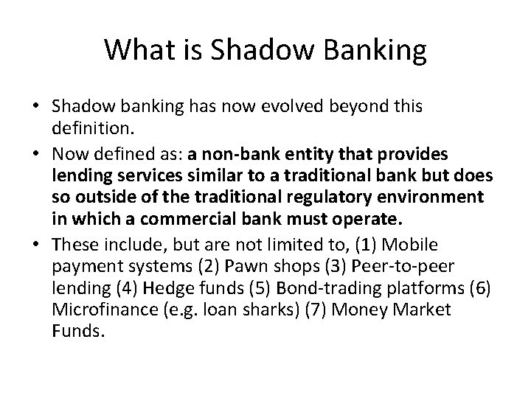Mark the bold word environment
(x=438, y=198)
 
